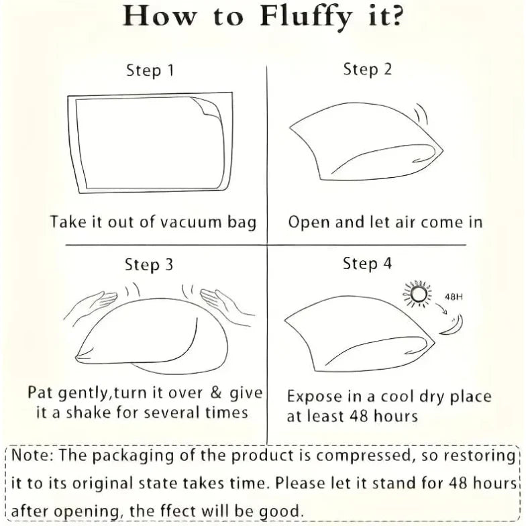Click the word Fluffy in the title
tap(306, 17)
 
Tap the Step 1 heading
tap(150, 71)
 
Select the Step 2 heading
tap(368, 70)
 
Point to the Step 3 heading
tap(149, 264)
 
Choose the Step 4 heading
tap(367, 263)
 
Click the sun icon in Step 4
tap(417, 294)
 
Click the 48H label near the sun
tap(454, 297)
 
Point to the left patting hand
tap(91, 305)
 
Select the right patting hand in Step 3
tap(227, 305)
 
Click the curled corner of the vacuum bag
tap(207, 108)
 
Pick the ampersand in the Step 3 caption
tap(216, 392)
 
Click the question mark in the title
tap(396, 16)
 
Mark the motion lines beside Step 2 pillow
tap(421, 114)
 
